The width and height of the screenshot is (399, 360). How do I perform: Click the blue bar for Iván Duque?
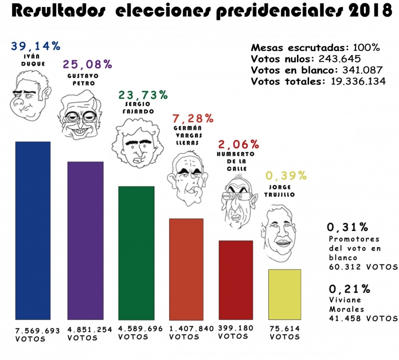pyautogui.click(x=33, y=231)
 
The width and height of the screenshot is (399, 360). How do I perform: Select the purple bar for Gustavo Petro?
pyautogui.click(x=85, y=241)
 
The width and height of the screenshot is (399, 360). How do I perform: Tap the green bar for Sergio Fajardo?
pyautogui.click(x=136, y=253)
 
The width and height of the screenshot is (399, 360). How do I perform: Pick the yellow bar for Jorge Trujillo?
pyautogui.click(x=285, y=294)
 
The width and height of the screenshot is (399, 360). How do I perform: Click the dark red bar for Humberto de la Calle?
pyautogui.click(x=236, y=280)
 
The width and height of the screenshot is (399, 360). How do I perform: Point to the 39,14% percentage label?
pyautogui.click(x=35, y=46)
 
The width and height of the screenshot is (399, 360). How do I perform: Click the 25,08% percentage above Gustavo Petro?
pyautogui.click(x=87, y=65)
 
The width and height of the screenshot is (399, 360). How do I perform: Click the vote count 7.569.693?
pyautogui.click(x=37, y=331)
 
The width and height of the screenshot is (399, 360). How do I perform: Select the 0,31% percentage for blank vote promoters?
pyautogui.click(x=348, y=228)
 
